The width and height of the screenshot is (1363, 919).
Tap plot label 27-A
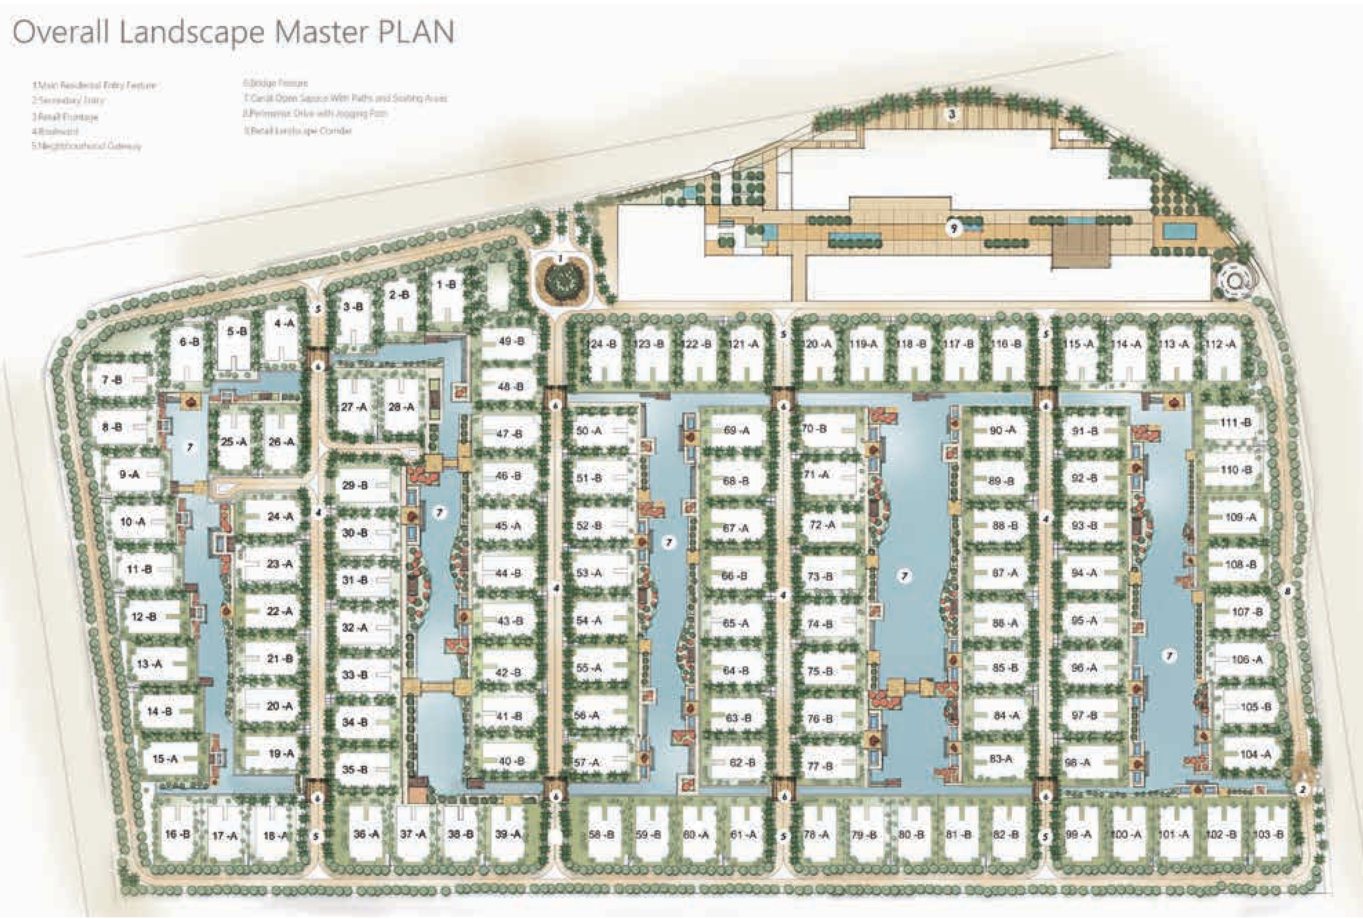[x=354, y=407]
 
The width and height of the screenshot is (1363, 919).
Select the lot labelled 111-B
[x=1235, y=423]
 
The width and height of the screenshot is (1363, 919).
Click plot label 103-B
[x=1268, y=834]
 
